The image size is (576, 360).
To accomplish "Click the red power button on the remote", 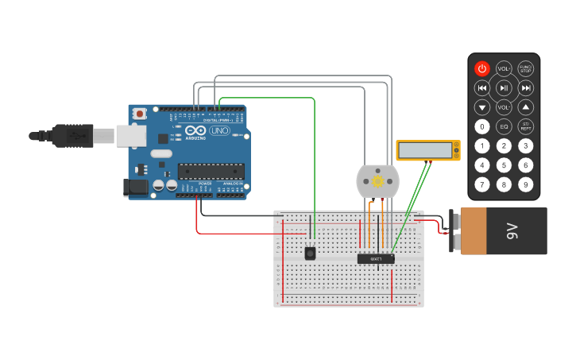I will [x=482, y=68].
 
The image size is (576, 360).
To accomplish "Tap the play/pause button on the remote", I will [x=504, y=87].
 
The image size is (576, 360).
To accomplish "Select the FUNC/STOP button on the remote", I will [x=525, y=68].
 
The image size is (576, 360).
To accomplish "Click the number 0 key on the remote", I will [x=482, y=126].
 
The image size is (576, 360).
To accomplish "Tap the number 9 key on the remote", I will [x=525, y=184].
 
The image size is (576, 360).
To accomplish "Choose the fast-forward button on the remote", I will [x=525, y=87].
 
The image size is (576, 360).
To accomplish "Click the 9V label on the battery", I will [x=512, y=231].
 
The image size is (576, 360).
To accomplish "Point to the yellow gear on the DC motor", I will [x=377, y=182].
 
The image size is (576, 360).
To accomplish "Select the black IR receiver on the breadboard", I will [x=310, y=253].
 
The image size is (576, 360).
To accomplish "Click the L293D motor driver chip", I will [x=376, y=258].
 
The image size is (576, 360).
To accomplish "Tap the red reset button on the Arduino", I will [x=141, y=114].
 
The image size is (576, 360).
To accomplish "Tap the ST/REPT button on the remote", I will [x=525, y=126].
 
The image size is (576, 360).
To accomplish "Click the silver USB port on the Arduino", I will [x=131, y=136].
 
